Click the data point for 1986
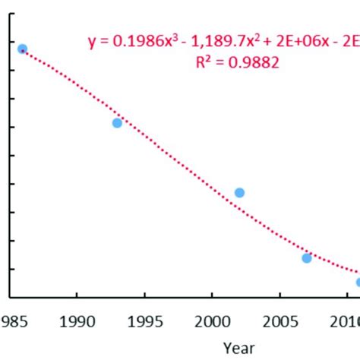coord(22,49)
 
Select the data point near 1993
coord(117,123)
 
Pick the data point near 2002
coord(239,193)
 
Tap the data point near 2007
coord(307,258)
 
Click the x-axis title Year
coord(239,347)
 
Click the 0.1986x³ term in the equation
coord(140,43)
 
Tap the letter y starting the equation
coord(92,44)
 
